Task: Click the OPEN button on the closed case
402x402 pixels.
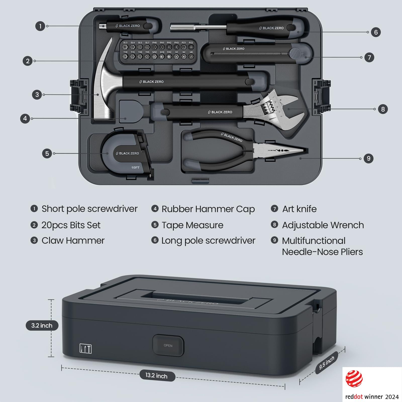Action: (x=168, y=345)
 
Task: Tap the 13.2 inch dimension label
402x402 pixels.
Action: (x=156, y=376)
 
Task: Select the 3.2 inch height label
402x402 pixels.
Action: (x=42, y=325)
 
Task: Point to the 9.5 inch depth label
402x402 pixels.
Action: (x=327, y=363)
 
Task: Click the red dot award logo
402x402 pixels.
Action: (x=354, y=379)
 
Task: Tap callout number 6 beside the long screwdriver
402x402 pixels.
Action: (x=376, y=32)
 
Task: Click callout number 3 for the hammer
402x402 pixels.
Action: (x=37, y=95)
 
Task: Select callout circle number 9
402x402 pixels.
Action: (x=368, y=158)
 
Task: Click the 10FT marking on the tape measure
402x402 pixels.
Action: (x=135, y=167)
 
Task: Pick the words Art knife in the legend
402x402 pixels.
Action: (x=299, y=209)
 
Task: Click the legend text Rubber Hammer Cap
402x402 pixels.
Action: (x=208, y=209)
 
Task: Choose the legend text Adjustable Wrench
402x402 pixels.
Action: (x=323, y=225)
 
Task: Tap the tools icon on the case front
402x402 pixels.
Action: (x=85, y=349)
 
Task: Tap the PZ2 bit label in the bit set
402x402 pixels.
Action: (x=191, y=43)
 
